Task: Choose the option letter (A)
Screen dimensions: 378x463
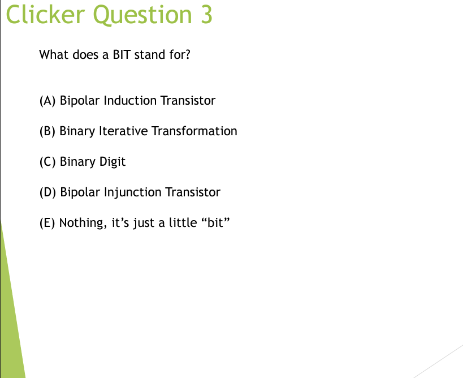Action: click(x=47, y=101)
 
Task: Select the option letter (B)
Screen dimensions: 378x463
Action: click(x=47, y=131)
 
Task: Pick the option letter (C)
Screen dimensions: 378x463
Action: click(x=47, y=162)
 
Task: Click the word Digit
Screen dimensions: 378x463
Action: click(x=112, y=162)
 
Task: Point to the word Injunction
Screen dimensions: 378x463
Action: click(x=133, y=193)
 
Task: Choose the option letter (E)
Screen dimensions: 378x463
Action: click(x=47, y=223)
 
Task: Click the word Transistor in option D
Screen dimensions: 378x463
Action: click(x=192, y=192)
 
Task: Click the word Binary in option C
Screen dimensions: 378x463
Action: click(x=78, y=162)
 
